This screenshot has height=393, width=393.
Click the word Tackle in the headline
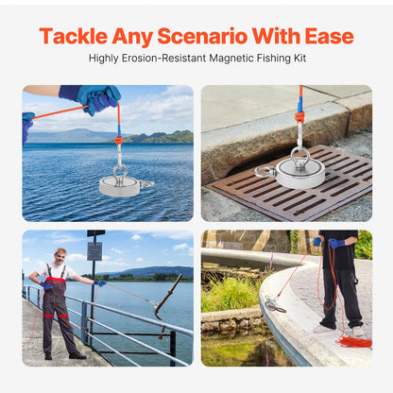click(73, 37)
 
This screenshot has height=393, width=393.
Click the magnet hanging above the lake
click(119, 185)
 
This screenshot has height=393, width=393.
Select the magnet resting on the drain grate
click(301, 172)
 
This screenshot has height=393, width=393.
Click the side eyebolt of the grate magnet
click(265, 171)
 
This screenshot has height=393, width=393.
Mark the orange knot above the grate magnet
click(299, 117)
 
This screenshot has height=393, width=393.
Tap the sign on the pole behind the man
click(94, 250)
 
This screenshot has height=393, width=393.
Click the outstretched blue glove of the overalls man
click(99, 282)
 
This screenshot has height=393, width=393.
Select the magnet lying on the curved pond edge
click(275, 304)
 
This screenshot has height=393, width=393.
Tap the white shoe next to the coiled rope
click(357, 330)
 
